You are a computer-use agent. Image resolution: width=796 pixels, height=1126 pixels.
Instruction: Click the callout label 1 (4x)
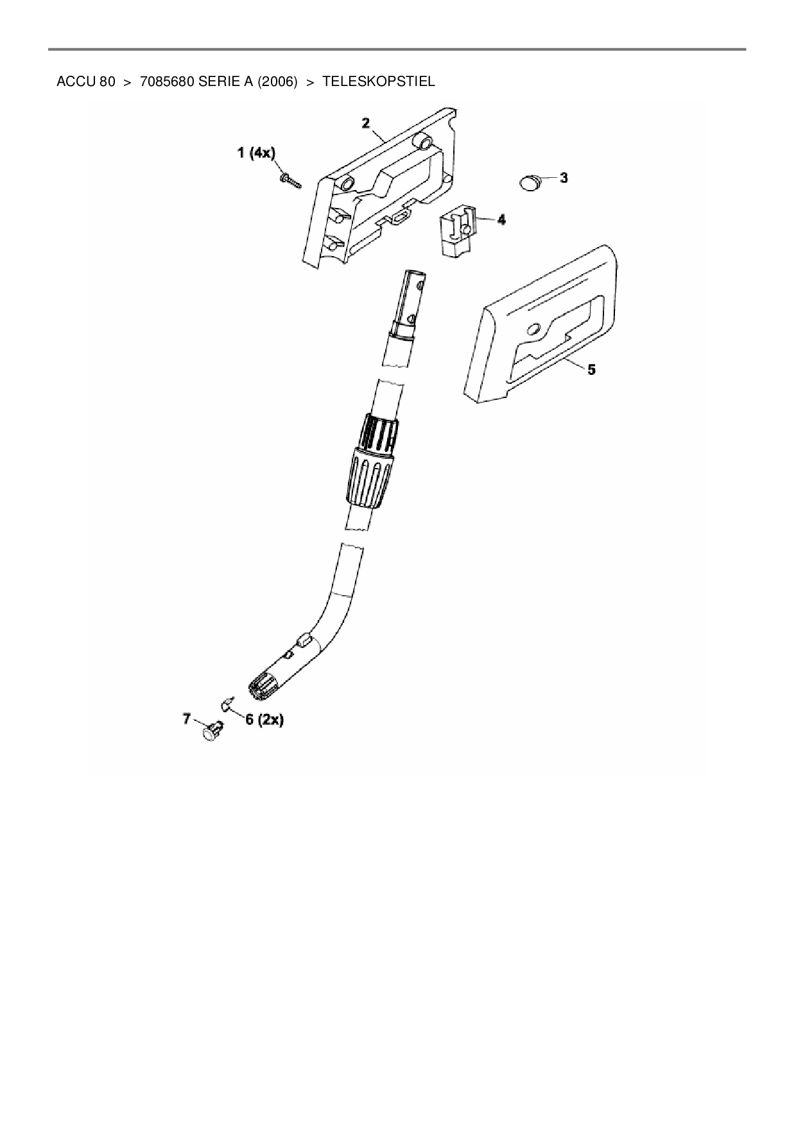256,153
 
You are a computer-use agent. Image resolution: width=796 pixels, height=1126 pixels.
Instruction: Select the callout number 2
365,123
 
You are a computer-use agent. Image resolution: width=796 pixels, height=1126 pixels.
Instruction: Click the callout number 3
564,178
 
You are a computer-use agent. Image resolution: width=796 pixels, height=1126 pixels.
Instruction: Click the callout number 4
501,220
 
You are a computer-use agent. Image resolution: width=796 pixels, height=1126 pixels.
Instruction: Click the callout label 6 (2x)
264,720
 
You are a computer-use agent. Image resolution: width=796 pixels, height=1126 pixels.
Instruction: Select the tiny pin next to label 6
227,705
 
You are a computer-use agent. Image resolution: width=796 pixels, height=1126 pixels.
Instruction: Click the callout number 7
187,718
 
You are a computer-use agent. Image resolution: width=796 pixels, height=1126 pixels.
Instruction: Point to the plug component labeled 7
212,731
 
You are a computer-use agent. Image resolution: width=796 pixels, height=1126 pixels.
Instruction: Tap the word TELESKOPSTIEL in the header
378,82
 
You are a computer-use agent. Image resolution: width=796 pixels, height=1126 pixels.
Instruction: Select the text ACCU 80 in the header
85,82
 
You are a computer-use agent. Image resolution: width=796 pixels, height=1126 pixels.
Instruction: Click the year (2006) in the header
277,82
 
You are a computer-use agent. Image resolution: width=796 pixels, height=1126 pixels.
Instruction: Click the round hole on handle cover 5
533,330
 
